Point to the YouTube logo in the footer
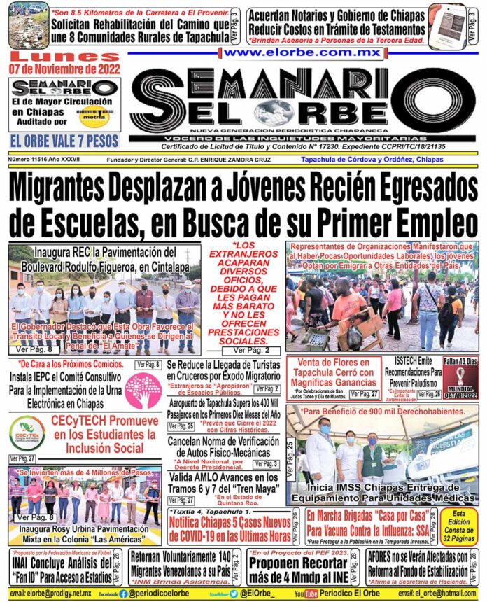tap(306, 594)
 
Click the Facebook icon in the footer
tap(123, 594)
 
